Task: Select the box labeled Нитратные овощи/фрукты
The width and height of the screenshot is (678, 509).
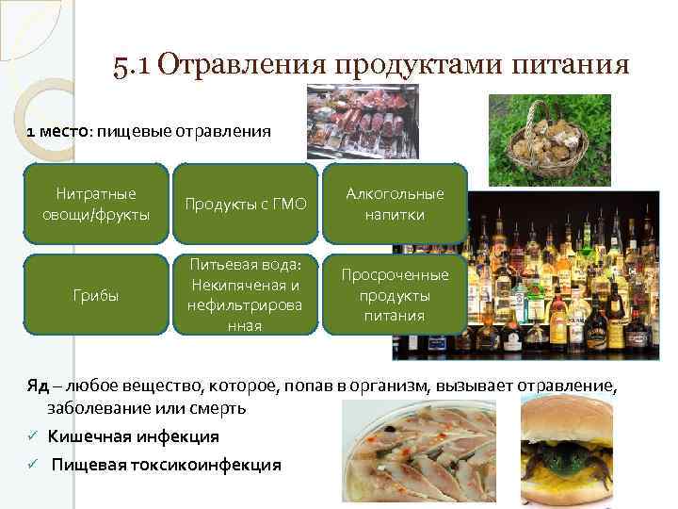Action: [96, 205]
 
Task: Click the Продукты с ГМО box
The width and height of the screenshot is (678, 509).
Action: [245, 205]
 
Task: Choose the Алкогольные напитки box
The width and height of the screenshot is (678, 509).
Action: [395, 205]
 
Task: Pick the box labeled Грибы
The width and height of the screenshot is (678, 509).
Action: [96, 294]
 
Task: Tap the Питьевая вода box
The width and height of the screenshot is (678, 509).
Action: [245, 294]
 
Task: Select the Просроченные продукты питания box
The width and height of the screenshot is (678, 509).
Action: [395, 294]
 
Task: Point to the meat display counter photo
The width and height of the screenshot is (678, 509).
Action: [363, 120]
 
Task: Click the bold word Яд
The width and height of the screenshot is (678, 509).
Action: [38, 386]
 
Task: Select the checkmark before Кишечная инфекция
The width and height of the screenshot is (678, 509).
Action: [31, 436]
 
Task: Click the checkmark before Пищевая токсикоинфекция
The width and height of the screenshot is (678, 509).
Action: [31, 465]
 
